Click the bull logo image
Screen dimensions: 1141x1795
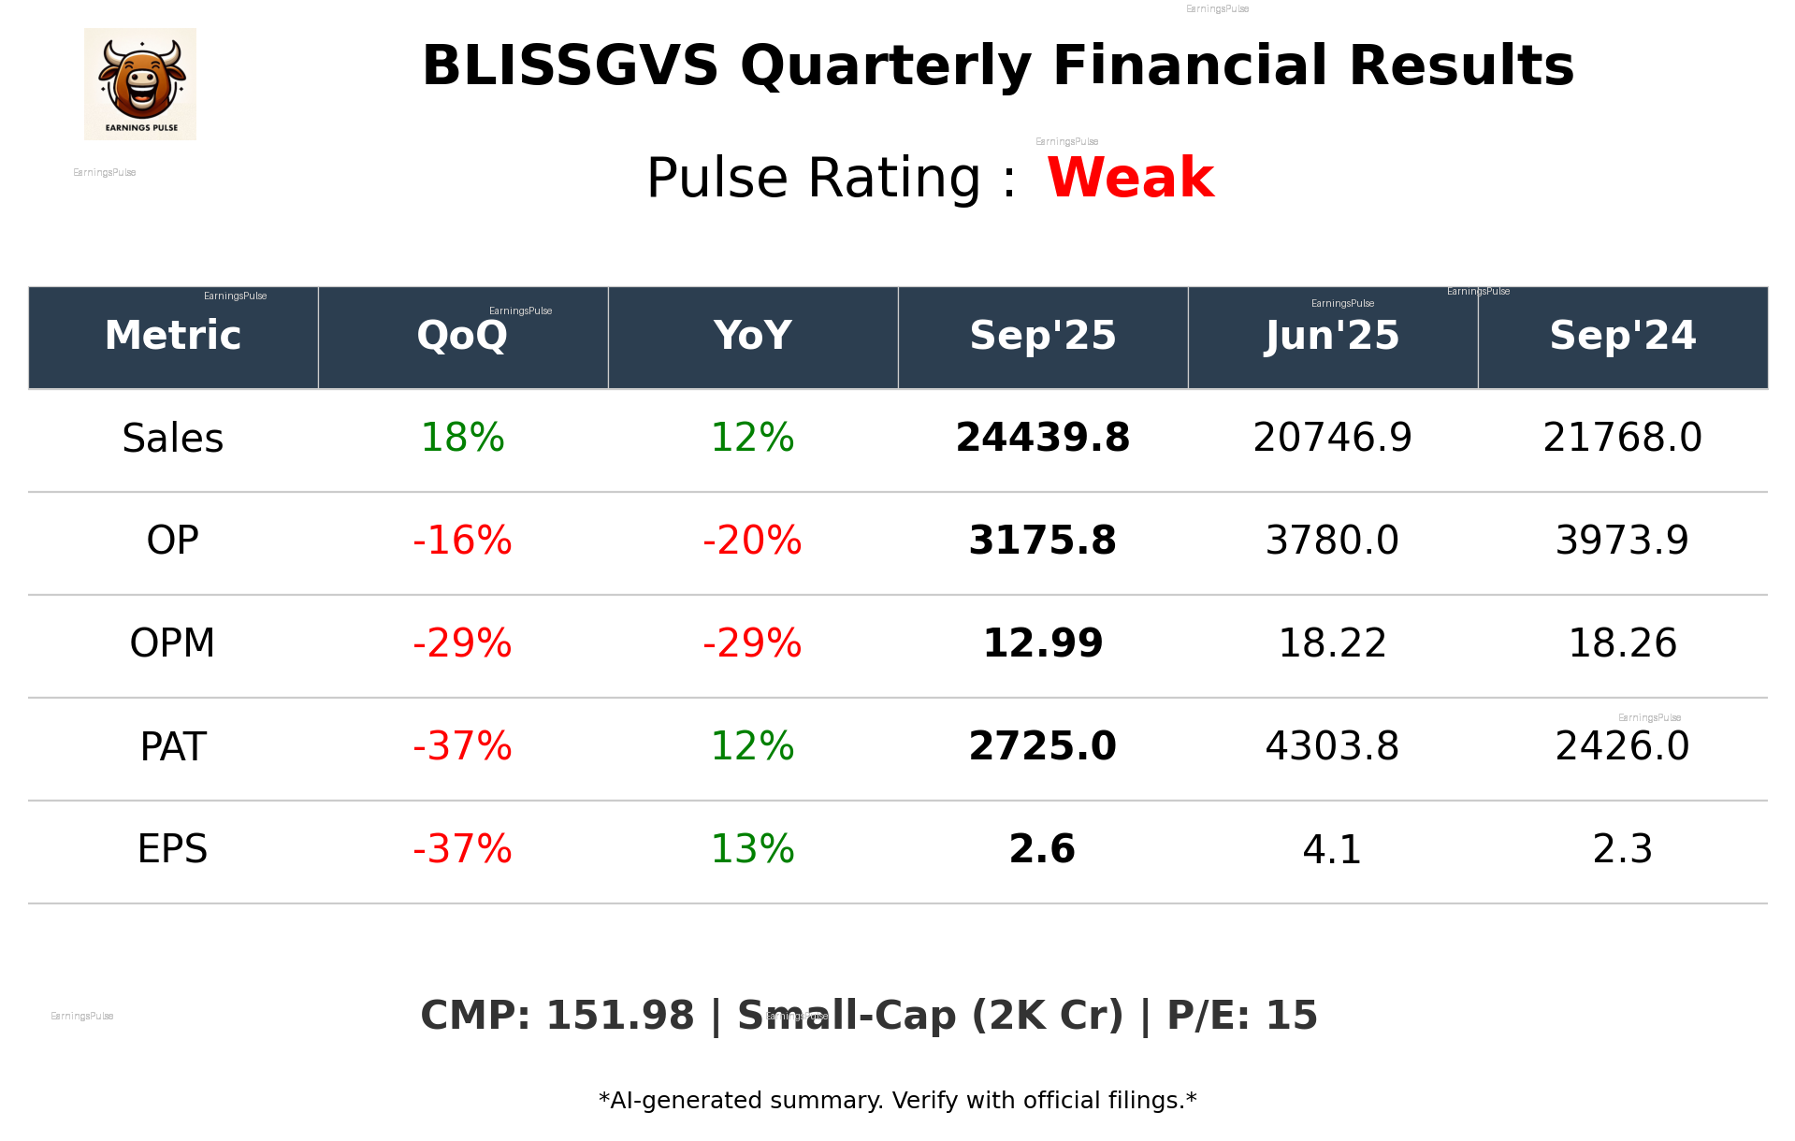140,84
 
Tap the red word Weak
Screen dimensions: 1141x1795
1130,178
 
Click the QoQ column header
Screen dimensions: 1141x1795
462,336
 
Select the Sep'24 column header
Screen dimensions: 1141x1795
1622,336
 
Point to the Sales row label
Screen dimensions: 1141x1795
173,439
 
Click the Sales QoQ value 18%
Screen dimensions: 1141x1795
462,438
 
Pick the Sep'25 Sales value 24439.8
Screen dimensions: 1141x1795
1042,438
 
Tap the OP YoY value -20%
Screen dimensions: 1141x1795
752,541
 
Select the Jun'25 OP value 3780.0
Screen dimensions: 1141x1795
1332,541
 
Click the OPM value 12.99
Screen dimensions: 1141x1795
1042,643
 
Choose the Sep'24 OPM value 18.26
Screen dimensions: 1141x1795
1622,643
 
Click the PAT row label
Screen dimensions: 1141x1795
173,747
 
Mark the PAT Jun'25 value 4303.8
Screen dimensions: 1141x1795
1332,746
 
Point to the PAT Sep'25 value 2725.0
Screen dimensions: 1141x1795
1042,746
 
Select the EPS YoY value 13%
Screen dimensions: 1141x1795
752,849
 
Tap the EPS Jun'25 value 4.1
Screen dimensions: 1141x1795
1332,850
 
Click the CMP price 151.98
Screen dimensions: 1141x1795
619,1016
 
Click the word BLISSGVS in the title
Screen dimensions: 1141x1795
570,66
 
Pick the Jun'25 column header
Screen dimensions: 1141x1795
1332,336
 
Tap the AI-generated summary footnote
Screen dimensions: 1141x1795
897,1101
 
